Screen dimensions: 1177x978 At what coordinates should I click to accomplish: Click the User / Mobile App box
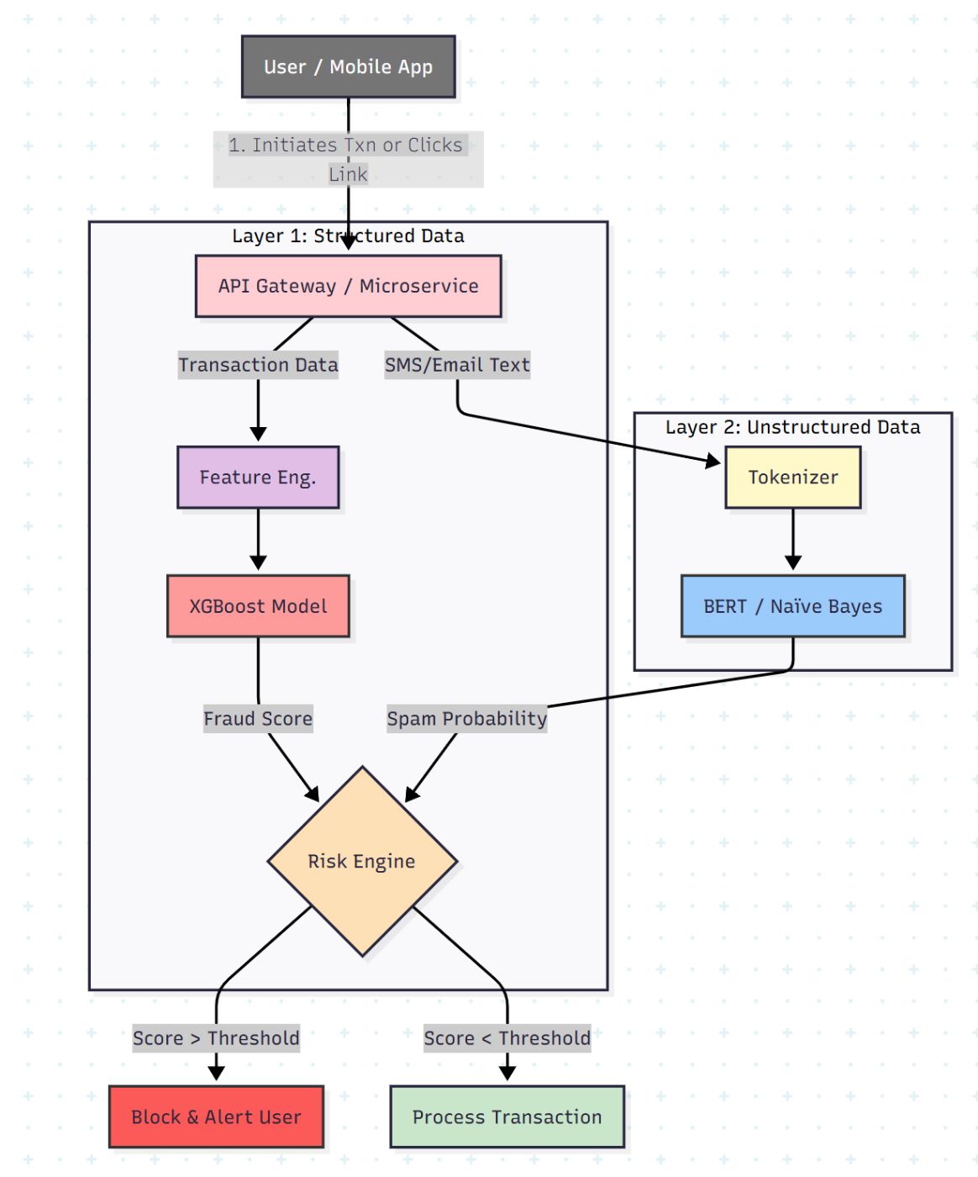coord(348,67)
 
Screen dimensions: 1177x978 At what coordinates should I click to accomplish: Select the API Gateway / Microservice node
coord(348,286)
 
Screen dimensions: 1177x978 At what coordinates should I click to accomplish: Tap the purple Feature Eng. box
coord(258,478)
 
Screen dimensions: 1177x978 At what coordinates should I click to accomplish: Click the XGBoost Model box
coord(258,606)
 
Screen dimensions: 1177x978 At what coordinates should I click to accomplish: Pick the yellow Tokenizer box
coord(792,478)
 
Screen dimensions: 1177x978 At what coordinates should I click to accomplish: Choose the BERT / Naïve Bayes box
coord(792,606)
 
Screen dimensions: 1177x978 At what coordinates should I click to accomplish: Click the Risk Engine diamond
coord(362,862)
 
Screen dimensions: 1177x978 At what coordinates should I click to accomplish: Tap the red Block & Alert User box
coord(216,1117)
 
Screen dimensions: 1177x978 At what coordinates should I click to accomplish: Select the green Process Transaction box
coord(507,1117)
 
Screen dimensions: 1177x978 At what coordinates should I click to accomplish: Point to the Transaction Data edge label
coord(258,365)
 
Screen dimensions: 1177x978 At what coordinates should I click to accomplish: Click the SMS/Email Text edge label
coord(457,365)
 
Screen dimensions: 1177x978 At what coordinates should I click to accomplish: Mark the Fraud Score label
coord(258,719)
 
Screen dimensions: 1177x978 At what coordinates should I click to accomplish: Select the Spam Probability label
coord(466,719)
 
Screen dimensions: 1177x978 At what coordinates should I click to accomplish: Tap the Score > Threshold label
coord(216,1038)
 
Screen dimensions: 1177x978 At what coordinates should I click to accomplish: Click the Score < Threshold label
coord(507,1038)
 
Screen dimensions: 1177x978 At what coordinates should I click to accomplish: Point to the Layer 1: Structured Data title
coord(348,236)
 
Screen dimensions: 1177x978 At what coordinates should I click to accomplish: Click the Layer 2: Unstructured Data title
coord(792,427)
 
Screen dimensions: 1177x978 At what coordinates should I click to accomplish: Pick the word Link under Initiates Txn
coord(348,174)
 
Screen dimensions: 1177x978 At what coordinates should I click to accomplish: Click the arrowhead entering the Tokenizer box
coord(713,461)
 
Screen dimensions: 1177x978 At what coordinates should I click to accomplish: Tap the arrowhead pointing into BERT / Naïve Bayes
coord(792,562)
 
